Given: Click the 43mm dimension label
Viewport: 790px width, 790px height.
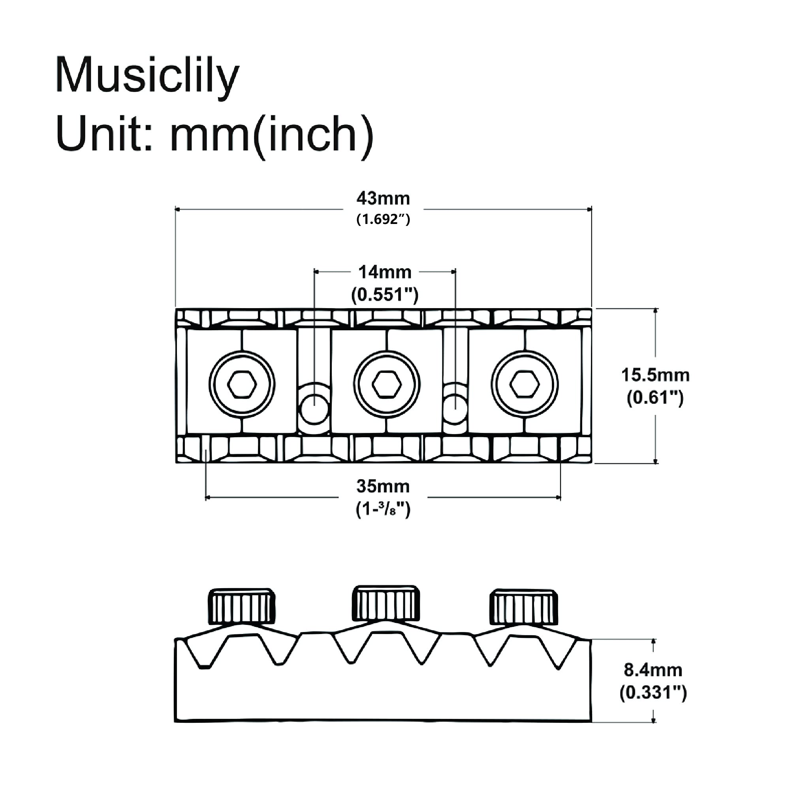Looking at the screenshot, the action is pos(383,199).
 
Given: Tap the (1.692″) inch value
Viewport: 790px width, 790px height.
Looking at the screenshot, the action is pos(383,220).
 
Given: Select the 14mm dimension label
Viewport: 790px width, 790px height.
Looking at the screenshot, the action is pos(385,272).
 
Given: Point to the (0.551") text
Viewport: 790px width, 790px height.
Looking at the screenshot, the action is pos(385,294).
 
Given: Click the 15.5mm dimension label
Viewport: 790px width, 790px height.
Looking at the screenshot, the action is pos(655,375).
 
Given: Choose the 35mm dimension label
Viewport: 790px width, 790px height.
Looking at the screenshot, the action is pos(383,486).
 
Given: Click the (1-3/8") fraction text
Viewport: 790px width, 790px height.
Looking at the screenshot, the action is pos(383,509).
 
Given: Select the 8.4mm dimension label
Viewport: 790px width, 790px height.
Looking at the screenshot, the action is pos(653,670).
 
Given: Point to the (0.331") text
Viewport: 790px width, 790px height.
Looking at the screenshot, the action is pos(653,693).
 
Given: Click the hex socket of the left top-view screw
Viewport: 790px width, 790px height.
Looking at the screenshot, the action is pos(242,384).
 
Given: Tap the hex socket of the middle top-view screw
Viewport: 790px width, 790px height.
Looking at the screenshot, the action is pos(387,384).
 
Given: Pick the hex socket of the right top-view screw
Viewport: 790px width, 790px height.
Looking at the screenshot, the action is pos(525,384).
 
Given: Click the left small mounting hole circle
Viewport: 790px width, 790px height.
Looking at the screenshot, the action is pos(314,409).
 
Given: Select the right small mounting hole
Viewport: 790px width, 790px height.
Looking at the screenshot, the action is pos(455,409).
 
